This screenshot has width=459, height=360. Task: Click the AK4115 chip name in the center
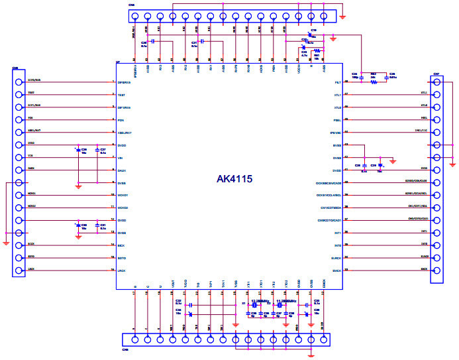click(x=234, y=179)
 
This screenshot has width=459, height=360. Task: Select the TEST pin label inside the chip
click(x=123, y=95)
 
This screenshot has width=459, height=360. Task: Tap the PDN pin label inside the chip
click(x=121, y=120)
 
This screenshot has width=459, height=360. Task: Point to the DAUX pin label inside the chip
click(x=123, y=170)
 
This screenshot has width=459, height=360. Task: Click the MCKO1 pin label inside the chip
click(x=124, y=196)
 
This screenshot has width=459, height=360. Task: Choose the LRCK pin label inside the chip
click(x=123, y=270)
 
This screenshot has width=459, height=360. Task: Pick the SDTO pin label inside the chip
click(x=123, y=257)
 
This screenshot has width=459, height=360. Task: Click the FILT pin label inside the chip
click(x=336, y=82)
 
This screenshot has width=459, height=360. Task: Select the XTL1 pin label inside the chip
click(x=336, y=95)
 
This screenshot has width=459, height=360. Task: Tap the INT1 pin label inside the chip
click(x=336, y=233)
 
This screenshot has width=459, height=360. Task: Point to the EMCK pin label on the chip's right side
click(x=336, y=270)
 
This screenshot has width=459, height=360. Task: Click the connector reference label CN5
click(x=15, y=68)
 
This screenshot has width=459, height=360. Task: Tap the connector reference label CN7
click(x=436, y=74)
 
